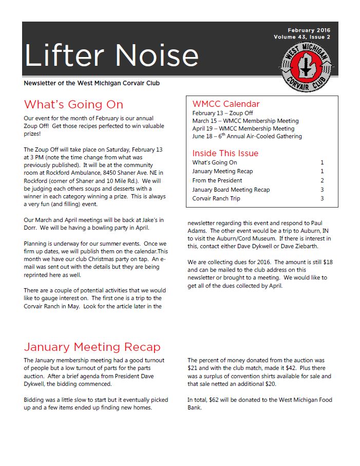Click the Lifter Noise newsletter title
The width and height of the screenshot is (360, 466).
111,55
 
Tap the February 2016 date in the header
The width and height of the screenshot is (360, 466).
309,30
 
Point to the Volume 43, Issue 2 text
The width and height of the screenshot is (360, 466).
302,38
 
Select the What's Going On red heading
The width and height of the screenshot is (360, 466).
73,105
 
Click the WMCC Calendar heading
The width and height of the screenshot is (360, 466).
226,104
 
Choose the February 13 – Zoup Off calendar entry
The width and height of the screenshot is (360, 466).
222,113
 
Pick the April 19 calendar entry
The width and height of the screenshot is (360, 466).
243,128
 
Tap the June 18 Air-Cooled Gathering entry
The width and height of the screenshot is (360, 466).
247,136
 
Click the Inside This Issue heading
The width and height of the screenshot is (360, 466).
225,153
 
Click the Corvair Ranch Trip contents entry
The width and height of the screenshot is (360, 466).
216,198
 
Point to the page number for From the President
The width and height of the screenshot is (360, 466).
322,180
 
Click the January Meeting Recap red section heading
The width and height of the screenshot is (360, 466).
92,347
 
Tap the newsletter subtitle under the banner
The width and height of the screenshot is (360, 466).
95,83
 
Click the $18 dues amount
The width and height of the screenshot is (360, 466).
328,262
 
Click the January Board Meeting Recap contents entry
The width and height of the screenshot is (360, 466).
231,190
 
